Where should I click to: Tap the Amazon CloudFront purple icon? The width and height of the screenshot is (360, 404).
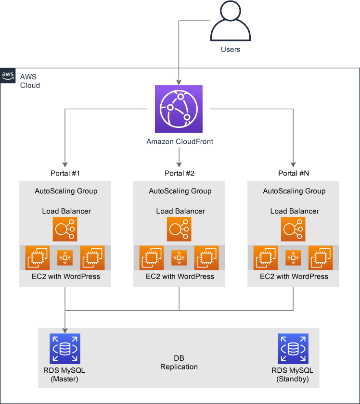(x=179, y=109)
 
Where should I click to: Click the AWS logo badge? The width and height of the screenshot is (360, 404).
(x=8, y=76)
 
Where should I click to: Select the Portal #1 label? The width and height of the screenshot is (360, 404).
(x=65, y=173)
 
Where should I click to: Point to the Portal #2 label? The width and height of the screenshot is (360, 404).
(x=180, y=173)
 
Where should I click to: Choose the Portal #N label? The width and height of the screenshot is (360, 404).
(x=294, y=173)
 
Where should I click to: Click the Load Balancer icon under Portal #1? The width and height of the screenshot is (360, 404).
(x=65, y=229)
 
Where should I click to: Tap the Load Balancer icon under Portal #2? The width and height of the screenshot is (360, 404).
(x=179, y=229)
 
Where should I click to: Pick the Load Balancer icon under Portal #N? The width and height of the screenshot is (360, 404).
(x=293, y=229)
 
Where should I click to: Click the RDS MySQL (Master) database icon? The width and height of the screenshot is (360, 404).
(x=65, y=349)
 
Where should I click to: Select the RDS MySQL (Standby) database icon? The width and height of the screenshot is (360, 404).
(x=293, y=349)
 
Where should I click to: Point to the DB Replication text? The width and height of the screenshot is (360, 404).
(x=179, y=362)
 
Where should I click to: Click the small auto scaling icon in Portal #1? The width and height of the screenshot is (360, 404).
(x=65, y=258)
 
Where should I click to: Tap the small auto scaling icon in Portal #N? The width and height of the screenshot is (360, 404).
(x=293, y=258)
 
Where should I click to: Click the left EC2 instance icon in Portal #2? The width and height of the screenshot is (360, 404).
(x=152, y=258)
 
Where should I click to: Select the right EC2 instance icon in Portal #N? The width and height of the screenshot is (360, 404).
(x=321, y=258)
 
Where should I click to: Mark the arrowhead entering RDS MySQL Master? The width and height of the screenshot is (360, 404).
(x=65, y=330)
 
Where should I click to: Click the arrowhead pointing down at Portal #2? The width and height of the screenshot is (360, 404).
(x=179, y=164)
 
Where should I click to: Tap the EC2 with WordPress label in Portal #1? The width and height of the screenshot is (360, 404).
(x=66, y=277)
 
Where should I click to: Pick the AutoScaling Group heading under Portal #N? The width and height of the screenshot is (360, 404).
(x=294, y=191)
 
